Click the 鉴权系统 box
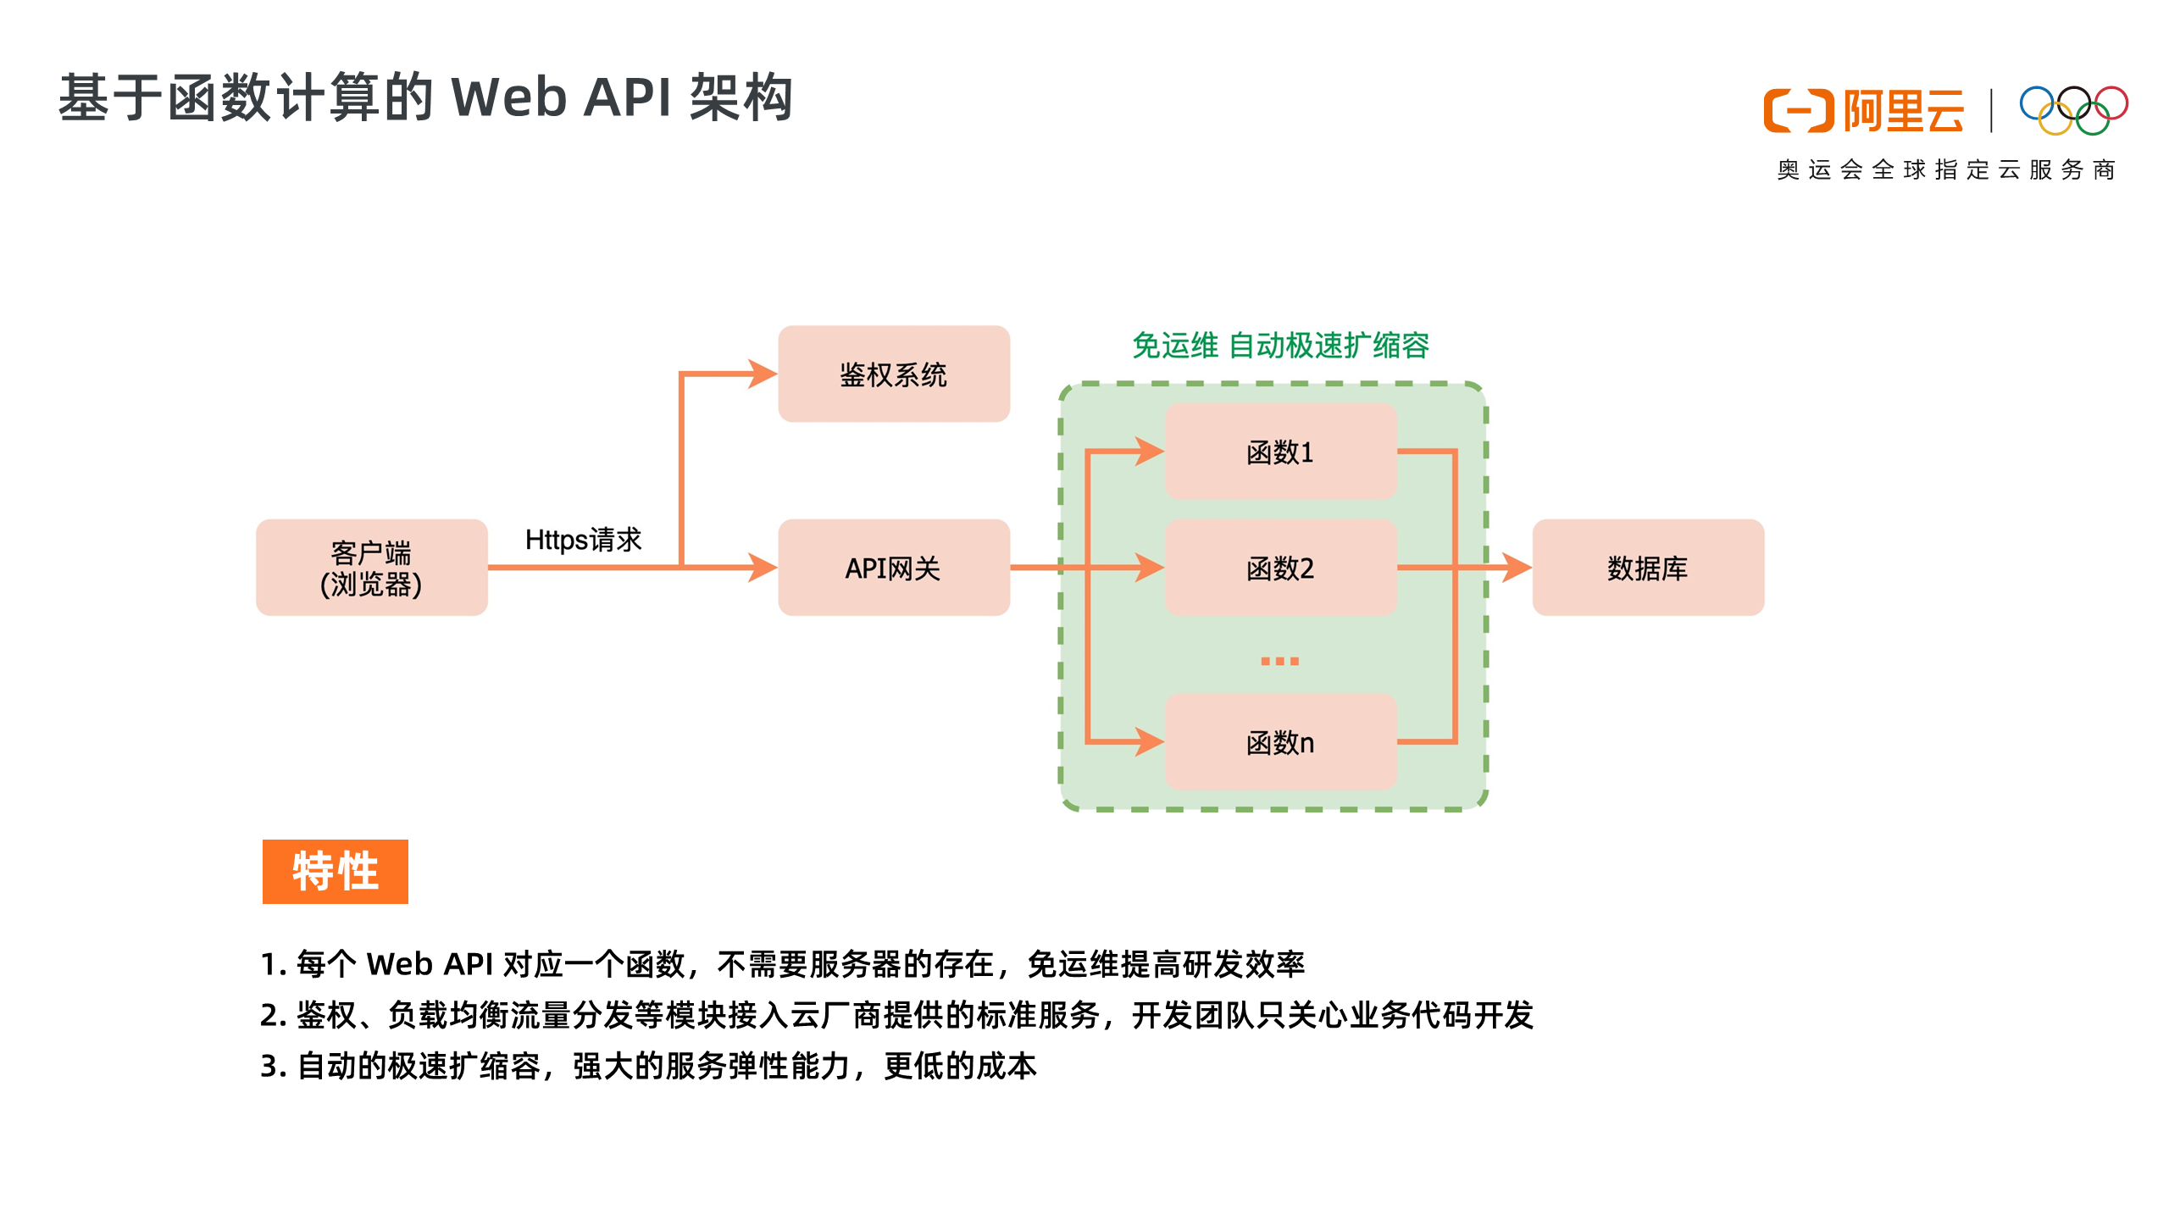tap(893, 374)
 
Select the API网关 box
tap(893, 568)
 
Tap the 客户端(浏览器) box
tap(371, 568)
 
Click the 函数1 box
tap(1279, 452)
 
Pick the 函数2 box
tap(1279, 568)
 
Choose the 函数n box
tap(1279, 742)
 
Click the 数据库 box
tap(1647, 568)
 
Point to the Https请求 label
tap(583, 540)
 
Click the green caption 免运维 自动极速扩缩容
tap(1279, 346)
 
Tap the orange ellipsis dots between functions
tap(1279, 660)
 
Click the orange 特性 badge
tap(335, 871)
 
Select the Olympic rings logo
tap(2072, 110)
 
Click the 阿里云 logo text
tap(1903, 111)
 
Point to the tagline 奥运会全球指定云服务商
tap(1945, 170)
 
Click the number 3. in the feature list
tap(272, 1066)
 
